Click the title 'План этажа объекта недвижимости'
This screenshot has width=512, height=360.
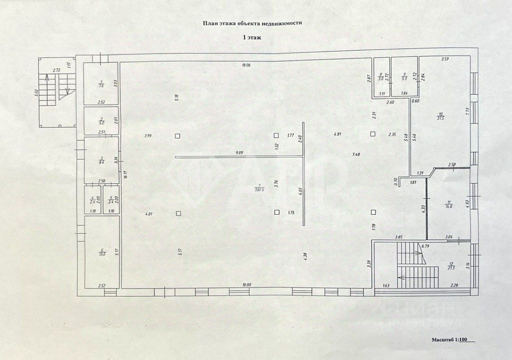pos(252,24)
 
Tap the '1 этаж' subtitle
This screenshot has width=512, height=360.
pos(252,38)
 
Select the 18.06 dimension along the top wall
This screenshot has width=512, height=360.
pos(245,65)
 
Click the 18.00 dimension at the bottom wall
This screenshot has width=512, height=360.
pos(246,285)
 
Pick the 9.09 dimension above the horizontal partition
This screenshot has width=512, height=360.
pos(239,153)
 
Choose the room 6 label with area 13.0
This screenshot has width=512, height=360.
pos(102,252)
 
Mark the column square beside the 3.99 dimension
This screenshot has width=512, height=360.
pos(177,136)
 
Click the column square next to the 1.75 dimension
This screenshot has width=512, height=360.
pos(277,212)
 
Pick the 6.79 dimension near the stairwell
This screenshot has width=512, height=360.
pos(425,246)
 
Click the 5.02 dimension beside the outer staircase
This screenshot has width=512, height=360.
pos(37,92)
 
